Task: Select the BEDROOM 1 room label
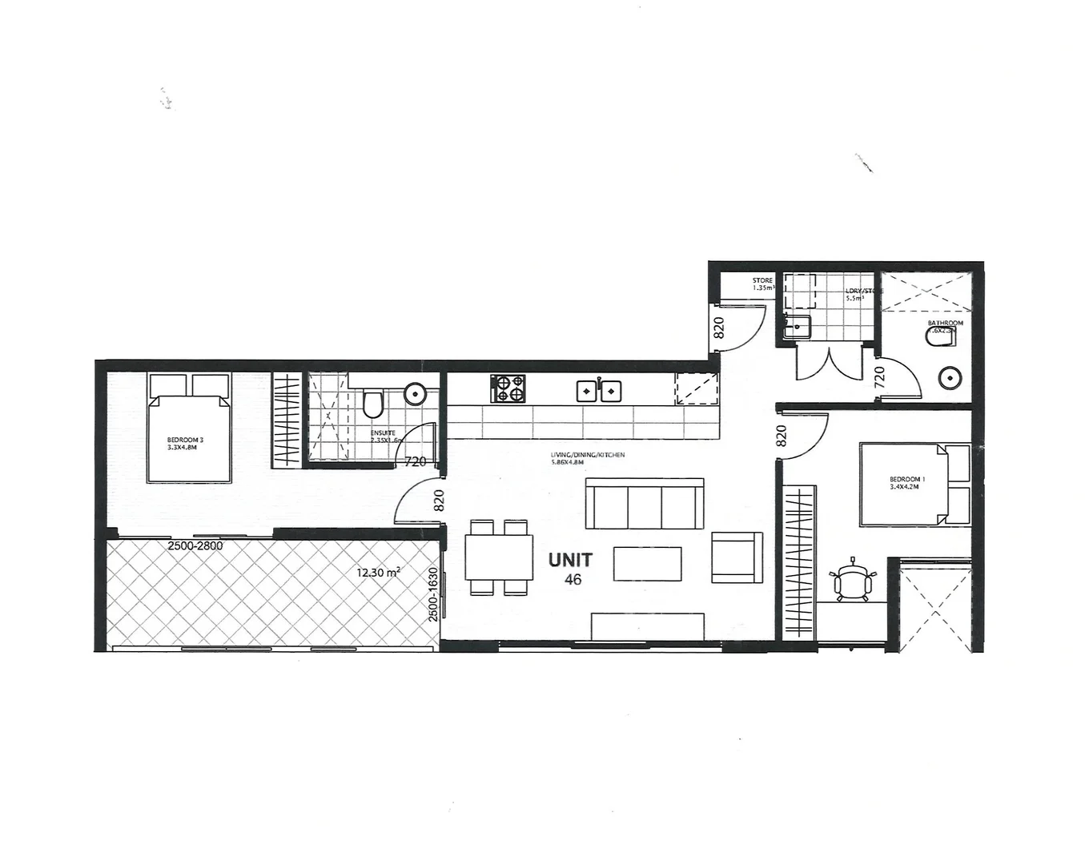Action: coord(907,483)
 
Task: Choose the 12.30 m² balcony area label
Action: coord(379,573)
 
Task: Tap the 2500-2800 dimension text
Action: coord(195,546)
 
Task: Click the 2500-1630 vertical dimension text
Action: coord(433,595)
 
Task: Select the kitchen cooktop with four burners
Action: coord(508,389)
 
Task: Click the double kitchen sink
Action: coord(600,390)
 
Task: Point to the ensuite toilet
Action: coord(372,404)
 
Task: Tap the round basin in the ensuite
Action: coord(415,393)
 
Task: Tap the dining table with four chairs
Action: coord(499,557)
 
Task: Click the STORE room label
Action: coord(762,284)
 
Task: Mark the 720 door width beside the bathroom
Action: coord(878,376)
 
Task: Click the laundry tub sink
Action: coord(797,327)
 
